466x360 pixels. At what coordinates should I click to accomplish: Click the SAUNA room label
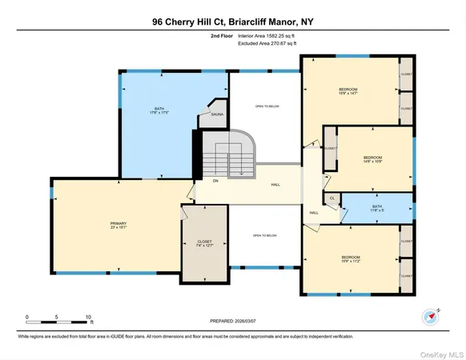[216, 115]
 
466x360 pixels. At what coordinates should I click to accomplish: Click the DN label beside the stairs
[215, 181]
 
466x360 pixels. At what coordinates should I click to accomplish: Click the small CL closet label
[331, 198]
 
